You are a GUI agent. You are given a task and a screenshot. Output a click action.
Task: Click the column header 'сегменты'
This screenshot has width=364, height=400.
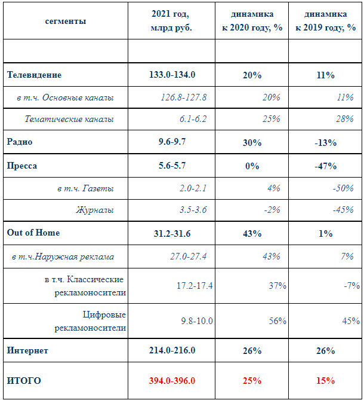click(x=66, y=21)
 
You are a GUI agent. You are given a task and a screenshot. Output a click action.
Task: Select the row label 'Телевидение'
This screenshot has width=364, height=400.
click(x=34, y=75)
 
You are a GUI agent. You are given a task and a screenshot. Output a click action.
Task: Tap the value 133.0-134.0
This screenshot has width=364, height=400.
click(x=172, y=75)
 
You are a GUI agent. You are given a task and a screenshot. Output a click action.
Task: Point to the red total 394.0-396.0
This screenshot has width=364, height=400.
click(x=172, y=381)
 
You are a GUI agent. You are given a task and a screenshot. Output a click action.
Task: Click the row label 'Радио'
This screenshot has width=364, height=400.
click(x=20, y=142)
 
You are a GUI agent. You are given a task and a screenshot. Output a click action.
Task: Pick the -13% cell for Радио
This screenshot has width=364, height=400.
click(x=326, y=142)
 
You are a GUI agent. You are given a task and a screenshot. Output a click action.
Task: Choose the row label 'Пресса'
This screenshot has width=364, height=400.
click(x=22, y=166)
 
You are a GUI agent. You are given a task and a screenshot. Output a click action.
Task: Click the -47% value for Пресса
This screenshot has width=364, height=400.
click(x=326, y=166)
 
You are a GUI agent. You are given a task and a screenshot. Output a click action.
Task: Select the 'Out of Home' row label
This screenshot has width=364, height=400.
click(x=33, y=233)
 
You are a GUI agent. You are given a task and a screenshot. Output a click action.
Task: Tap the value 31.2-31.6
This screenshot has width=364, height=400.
click(x=172, y=234)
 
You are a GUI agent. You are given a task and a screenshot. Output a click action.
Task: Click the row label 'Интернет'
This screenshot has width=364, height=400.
click(x=27, y=350)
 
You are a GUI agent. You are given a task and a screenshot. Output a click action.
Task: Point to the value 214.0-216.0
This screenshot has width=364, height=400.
click(x=172, y=350)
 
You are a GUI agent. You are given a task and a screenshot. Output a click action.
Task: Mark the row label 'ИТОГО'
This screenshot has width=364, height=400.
click(x=24, y=381)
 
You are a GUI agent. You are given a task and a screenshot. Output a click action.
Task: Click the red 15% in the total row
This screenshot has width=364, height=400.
click(x=326, y=381)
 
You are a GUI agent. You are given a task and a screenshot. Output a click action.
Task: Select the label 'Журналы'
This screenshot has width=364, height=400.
click(x=95, y=210)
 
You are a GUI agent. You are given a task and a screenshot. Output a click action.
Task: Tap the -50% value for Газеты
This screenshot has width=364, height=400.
click(x=343, y=188)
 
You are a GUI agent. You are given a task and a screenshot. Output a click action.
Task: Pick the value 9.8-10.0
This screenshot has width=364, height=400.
click(x=197, y=320)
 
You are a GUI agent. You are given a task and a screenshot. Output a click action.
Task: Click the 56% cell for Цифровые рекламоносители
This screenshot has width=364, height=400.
click(x=277, y=320)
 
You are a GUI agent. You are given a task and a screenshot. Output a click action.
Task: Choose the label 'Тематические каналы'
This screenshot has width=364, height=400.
click(x=69, y=119)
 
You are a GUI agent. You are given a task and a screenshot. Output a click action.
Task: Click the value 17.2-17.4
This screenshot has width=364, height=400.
click(x=195, y=285)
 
